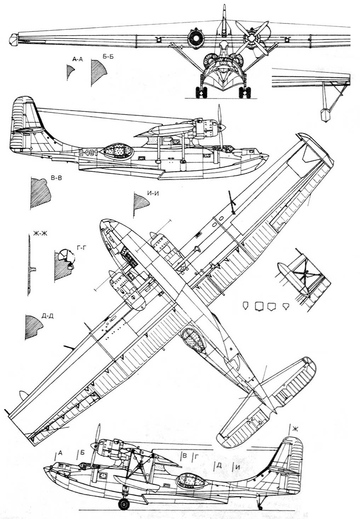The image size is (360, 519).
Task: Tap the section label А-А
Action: click(77, 60)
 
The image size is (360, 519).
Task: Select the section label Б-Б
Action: click(108, 57)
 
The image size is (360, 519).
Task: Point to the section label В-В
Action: click(56, 178)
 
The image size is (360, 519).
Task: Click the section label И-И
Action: click(153, 193)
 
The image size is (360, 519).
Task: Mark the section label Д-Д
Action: click(48, 316)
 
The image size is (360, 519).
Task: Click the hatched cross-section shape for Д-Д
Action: click(34, 327)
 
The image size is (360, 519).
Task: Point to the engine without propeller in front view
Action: click(195, 37)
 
